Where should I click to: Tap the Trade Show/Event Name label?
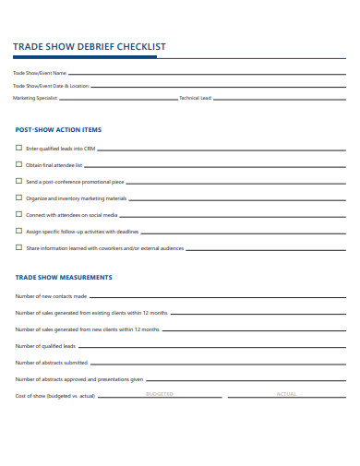(40, 73)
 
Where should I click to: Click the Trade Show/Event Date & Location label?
(51, 85)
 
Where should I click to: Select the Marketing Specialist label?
(35, 97)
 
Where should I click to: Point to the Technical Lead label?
(195, 97)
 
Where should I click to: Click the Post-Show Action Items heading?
(58, 130)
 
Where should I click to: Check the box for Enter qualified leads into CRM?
(18, 148)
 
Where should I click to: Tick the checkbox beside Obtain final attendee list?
(18, 164)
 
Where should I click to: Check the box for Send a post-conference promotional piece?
(18, 181)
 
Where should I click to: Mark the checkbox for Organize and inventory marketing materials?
(18, 197)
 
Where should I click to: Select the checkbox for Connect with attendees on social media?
(18, 214)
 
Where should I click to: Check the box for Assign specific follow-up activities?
(18, 231)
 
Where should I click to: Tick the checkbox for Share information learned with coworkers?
(18, 247)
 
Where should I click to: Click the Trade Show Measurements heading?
(64, 277)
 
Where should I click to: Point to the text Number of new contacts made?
(51, 296)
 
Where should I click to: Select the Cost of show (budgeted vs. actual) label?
(55, 396)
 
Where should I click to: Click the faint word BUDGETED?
(160, 394)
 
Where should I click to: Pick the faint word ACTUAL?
(286, 394)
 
